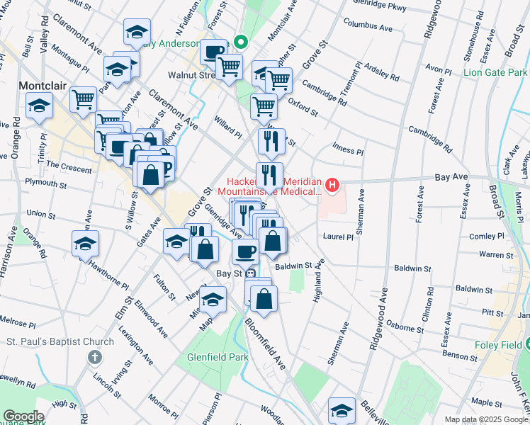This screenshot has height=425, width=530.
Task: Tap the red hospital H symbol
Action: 332,186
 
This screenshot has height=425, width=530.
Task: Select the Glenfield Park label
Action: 218,358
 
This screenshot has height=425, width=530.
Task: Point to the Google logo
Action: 23,416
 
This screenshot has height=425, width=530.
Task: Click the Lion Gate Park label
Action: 495,72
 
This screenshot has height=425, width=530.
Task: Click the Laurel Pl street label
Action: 338,237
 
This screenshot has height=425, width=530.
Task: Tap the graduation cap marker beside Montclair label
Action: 39,107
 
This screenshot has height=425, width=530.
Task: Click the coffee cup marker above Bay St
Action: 246,251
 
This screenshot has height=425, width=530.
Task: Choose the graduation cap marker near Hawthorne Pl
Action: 86,245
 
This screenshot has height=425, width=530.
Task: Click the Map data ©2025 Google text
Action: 486,419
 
